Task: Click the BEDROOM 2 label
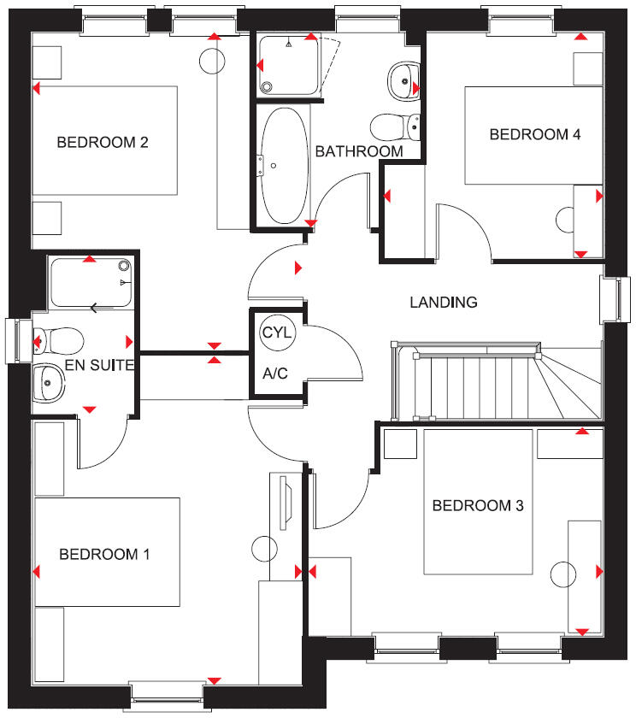(x=103, y=142)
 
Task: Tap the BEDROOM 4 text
(x=528, y=134)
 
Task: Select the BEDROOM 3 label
(x=477, y=506)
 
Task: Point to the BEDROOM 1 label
(x=104, y=555)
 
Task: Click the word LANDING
(x=443, y=302)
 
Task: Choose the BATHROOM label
(x=359, y=151)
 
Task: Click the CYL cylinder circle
(x=276, y=333)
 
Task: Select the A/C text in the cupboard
(x=275, y=373)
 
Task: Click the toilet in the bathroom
(x=396, y=127)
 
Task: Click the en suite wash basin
(x=50, y=384)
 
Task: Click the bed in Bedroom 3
(x=480, y=502)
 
